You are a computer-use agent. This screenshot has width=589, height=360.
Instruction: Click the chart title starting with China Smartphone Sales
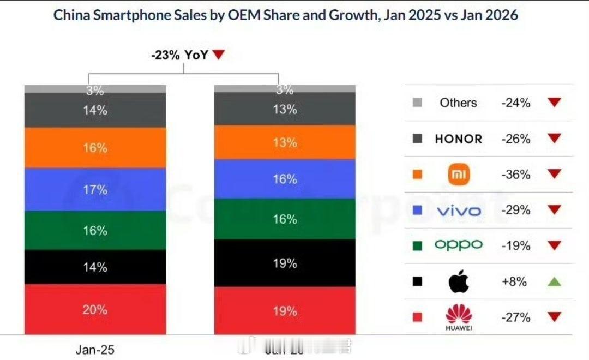click(x=285, y=15)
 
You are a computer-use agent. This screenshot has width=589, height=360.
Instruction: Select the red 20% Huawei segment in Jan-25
click(x=95, y=309)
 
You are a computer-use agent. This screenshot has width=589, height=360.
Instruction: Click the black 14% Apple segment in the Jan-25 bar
click(x=95, y=267)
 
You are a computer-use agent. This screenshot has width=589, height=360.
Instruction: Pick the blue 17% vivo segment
click(x=95, y=189)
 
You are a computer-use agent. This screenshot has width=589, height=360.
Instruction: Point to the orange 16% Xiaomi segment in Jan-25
click(x=95, y=148)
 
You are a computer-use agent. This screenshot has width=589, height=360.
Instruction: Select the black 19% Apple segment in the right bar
click(x=285, y=263)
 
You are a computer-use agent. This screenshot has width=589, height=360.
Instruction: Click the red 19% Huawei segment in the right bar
click(x=285, y=310)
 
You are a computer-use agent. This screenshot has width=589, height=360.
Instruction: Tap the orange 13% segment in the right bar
click(x=285, y=142)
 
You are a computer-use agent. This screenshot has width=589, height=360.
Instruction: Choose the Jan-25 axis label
click(x=95, y=350)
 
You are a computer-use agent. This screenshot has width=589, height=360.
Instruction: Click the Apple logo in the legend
click(x=458, y=281)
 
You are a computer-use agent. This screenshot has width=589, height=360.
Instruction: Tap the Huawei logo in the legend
click(x=458, y=317)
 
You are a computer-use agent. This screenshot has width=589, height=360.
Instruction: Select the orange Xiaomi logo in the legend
click(x=458, y=175)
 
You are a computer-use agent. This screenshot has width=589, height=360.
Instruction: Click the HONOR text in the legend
click(x=458, y=139)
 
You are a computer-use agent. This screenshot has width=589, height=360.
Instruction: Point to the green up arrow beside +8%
click(x=554, y=281)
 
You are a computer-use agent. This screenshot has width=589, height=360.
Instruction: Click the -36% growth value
click(x=516, y=175)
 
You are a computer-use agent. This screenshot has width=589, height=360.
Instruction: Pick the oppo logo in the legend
click(x=458, y=245)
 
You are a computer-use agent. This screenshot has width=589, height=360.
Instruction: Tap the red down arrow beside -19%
click(x=554, y=245)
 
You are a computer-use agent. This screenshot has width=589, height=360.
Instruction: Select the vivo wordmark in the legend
click(x=458, y=211)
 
